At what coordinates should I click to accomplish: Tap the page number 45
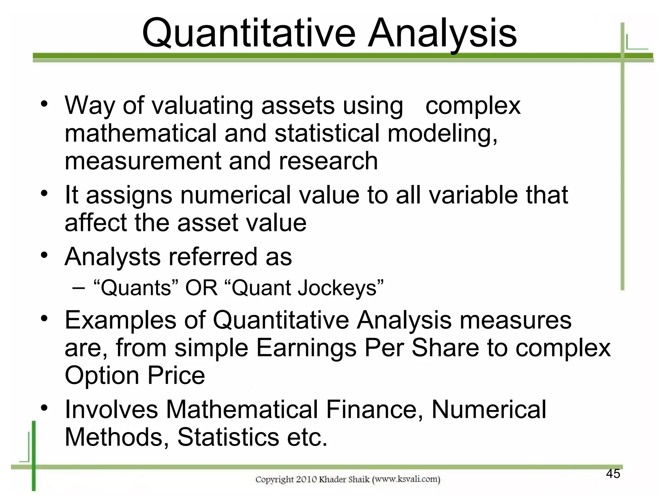[613, 473]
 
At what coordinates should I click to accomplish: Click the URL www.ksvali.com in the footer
[406, 479]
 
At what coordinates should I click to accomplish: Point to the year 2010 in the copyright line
[306, 480]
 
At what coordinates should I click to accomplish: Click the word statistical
[327, 133]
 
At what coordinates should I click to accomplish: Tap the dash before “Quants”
[79, 287]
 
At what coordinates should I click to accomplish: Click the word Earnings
[306, 348]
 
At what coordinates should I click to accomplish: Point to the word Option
[102, 375]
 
